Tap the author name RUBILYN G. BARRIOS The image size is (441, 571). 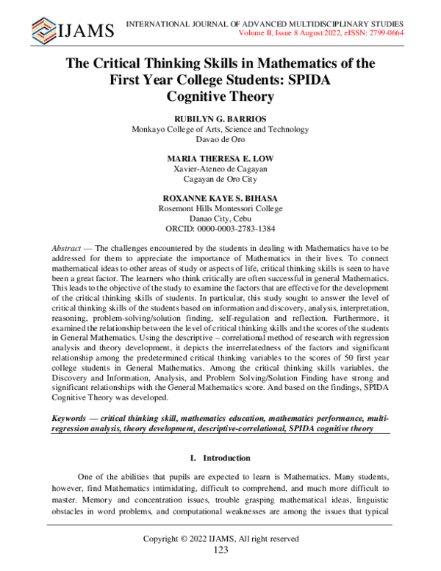[220, 118]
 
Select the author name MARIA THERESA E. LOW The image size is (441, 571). [220, 157]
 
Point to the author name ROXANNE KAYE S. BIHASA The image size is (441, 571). [220, 197]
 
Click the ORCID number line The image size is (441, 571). [220, 229]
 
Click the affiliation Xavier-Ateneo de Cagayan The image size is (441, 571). [220, 169]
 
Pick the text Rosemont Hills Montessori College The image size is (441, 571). [220, 208]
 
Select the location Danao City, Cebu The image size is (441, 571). [220, 219]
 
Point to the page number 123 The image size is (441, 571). [220, 550]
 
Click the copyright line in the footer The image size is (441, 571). [220, 539]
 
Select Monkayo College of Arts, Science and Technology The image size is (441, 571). [220, 130]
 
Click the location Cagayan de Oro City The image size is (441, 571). [220, 179]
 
